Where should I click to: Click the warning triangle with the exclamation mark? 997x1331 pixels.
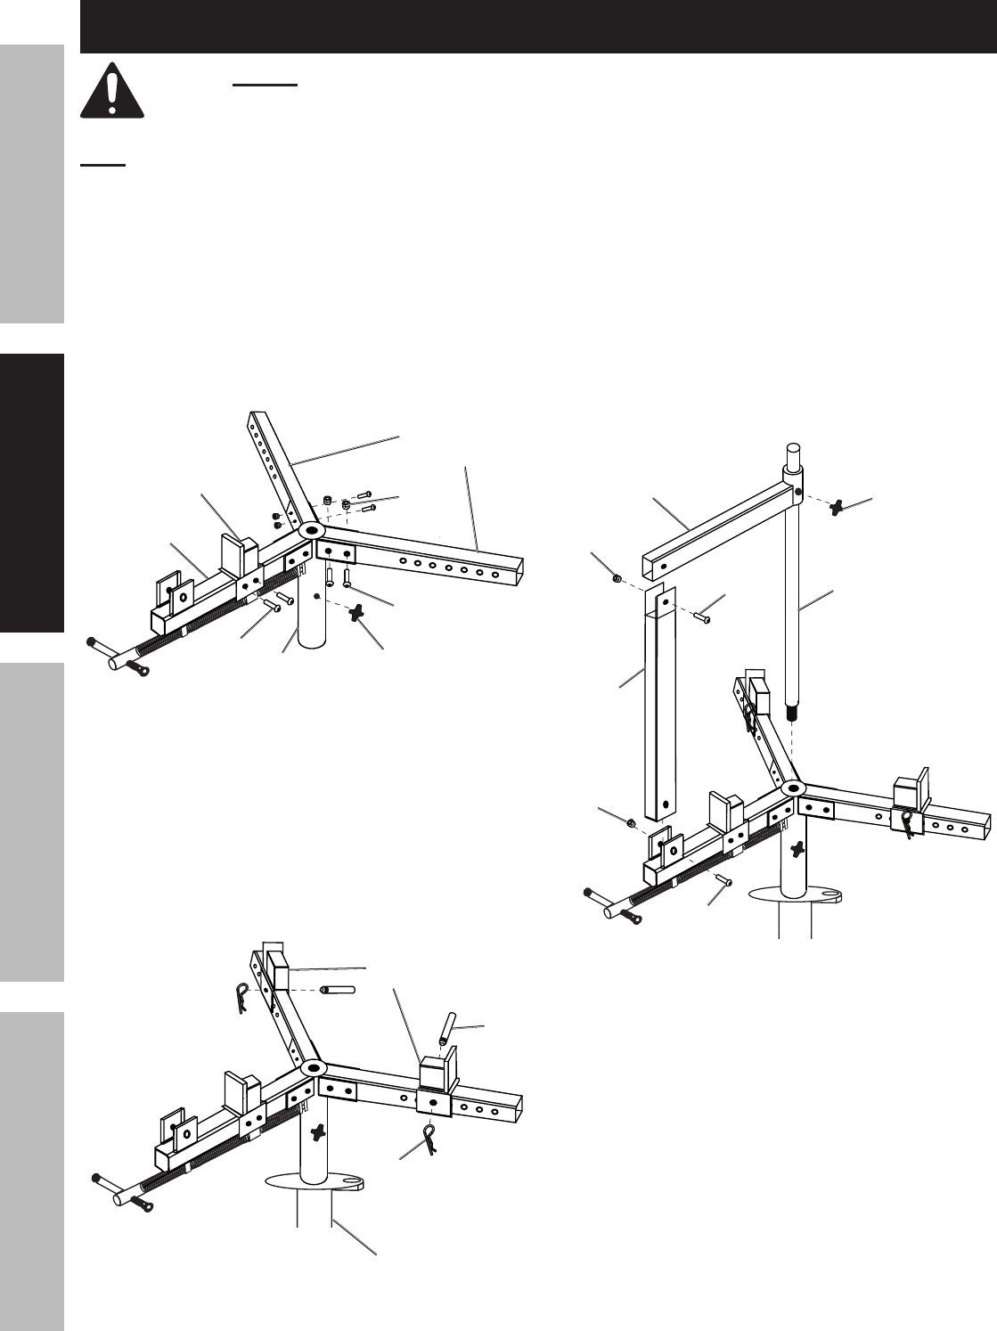pyautogui.click(x=112, y=91)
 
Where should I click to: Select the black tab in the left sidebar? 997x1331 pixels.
pyautogui.click(x=32, y=494)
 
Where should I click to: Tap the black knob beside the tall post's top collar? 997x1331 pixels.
pyautogui.click(x=839, y=508)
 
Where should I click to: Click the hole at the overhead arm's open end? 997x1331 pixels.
pyautogui.click(x=663, y=564)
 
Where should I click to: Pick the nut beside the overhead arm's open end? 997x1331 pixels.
pyautogui.click(x=617, y=579)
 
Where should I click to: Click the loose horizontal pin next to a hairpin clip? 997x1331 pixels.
pyautogui.click(x=339, y=989)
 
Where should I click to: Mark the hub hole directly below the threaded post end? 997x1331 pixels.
pyautogui.click(x=791, y=788)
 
